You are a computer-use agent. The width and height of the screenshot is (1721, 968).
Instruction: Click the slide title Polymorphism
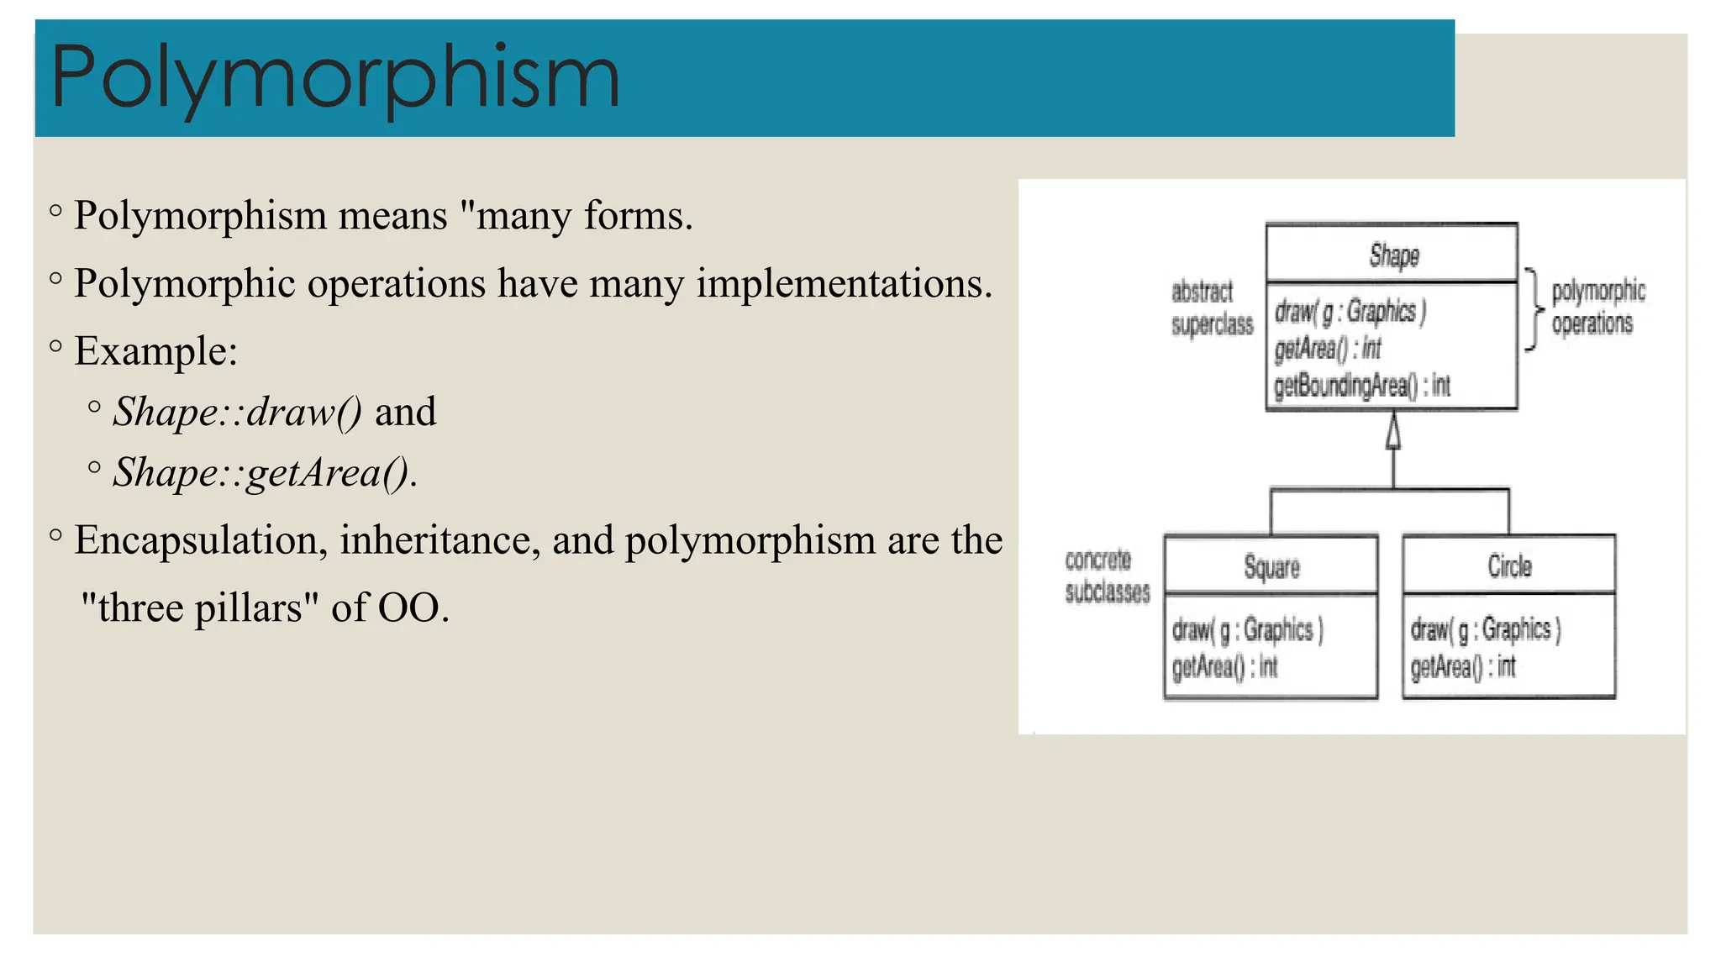click(334, 78)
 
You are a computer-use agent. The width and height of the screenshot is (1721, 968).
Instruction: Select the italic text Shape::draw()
click(238, 412)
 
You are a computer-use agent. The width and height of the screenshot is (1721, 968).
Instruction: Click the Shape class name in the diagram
click(1394, 255)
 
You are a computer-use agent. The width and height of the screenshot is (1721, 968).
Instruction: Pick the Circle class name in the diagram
click(1509, 566)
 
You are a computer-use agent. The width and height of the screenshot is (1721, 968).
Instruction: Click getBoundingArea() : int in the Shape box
click(1361, 386)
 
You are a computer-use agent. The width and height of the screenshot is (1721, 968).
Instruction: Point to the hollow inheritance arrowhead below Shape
click(1393, 432)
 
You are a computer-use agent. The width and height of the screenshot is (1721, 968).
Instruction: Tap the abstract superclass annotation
click(1212, 308)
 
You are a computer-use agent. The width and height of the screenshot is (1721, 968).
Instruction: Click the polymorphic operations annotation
click(1597, 308)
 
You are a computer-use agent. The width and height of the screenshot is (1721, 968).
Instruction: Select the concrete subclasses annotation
click(1107, 576)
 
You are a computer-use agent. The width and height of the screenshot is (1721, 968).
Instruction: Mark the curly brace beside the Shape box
click(1534, 309)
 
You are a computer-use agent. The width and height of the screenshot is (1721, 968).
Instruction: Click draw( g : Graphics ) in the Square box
click(1247, 629)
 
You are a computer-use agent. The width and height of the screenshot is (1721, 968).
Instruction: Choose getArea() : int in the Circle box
click(1462, 667)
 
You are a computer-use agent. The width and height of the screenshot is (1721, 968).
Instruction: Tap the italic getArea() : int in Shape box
click(1327, 348)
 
